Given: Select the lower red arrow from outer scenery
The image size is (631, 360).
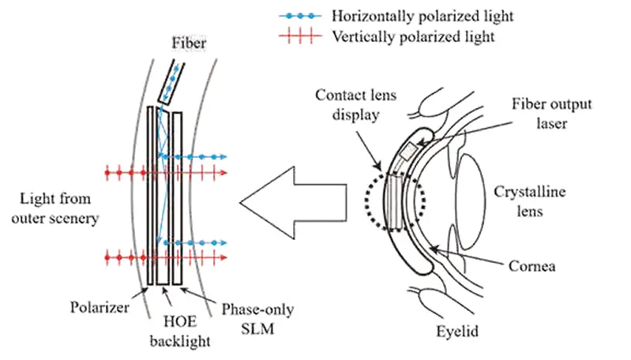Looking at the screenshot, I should pos(126,257).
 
